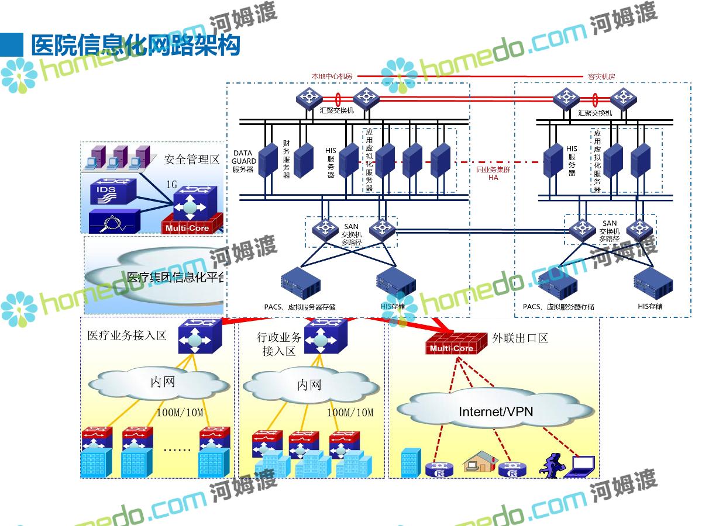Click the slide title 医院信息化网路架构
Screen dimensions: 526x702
click(136, 44)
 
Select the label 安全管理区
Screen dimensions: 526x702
click(191, 159)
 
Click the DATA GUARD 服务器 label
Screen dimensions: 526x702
click(243, 161)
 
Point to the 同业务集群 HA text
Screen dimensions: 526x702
click(493, 173)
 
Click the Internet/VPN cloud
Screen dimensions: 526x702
click(495, 411)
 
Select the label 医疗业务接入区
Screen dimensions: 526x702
click(127, 335)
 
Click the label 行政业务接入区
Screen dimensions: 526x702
click(279, 344)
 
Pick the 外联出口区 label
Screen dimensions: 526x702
click(519, 338)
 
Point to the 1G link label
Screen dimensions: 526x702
click(171, 185)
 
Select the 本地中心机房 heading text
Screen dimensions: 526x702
click(331, 77)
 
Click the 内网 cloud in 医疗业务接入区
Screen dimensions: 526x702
click(162, 383)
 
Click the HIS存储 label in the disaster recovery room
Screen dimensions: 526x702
click(650, 306)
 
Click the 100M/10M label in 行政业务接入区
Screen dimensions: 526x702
click(350, 413)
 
